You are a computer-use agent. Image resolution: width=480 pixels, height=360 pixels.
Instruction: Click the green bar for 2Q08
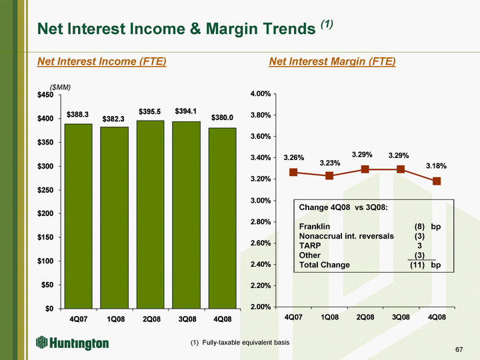pyautogui.click(x=150, y=214)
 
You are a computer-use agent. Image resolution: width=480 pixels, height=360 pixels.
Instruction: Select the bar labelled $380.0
pyautogui.click(x=222, y=218)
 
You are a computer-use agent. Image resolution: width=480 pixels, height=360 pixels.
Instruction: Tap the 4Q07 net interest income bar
pyautogui.click(x=79, y=216)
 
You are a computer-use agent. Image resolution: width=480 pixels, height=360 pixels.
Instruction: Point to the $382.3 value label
pyautogui.click(x=113, y=119)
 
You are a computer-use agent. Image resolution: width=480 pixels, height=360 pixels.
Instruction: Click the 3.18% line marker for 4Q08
pyautogui.click(x=437, y=181)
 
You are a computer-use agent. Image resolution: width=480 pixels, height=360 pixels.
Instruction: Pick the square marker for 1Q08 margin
pyautogui.click(x=329, y=176)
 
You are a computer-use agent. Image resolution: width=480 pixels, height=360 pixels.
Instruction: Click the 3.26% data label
pyautogui.click(x=293, y=157)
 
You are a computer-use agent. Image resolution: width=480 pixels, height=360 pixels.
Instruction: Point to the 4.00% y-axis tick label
pyautogui.click(x=261, y=94)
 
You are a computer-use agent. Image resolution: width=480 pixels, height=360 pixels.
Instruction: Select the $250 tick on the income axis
pyautogui.click(x=45, y=190)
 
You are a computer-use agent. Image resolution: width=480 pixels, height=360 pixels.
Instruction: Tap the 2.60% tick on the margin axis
pyautogui.click(x=261, y=243)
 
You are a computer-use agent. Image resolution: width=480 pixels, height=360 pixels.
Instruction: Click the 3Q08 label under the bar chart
pyautogui.click(x=187, y=319)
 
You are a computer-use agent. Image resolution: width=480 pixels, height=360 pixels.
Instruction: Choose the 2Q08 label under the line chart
pyautogui.click(x=365, y=317)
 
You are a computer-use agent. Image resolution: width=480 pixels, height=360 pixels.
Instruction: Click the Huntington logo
pyautogui.click(x=72, y=343)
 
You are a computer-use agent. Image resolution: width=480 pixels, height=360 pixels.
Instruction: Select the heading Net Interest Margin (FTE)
pyautogui.click(x=332, y=61)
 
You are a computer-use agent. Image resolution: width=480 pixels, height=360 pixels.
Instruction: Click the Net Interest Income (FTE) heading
pyautogui.click(x=101, y=61)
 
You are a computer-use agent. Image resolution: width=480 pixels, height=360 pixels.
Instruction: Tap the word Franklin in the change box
pyautogui.click(x=315, y=227)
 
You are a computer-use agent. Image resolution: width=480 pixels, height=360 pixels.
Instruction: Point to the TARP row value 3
pyautogui.click(x=419, y=245)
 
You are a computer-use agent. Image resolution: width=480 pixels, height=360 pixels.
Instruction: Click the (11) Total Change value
pyautogui.click(x=417, y=265)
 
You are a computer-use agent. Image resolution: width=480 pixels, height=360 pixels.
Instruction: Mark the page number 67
pyautogui.click(x=459, y=349)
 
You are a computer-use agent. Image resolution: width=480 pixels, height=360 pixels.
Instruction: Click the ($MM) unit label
pyautogui.click(x=60, y=87)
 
